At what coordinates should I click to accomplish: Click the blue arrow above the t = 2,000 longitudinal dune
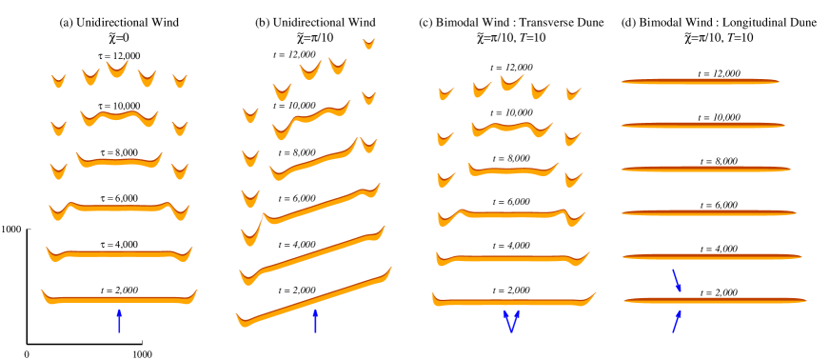(677, 280)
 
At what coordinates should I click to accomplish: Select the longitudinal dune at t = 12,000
(700, 81)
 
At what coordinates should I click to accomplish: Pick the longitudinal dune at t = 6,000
(709, 212)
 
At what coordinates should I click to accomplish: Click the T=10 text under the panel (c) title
(528, 38)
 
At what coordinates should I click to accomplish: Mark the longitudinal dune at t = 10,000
(702, 126)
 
